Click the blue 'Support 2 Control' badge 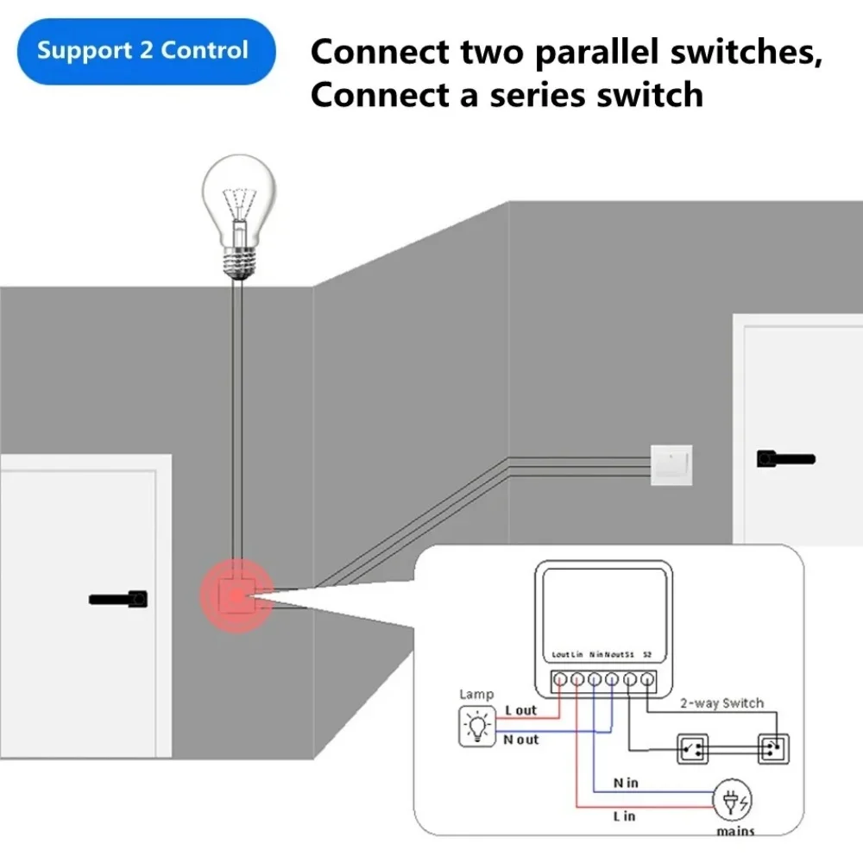point(142,50)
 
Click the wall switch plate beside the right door point(671,463)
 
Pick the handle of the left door point(118,597)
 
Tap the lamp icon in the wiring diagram point(476,726)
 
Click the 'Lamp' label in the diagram point(476,694)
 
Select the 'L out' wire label point(520,710)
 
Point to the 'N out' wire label point(520,740)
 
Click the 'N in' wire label point(626,783)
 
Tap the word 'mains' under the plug point(734,831)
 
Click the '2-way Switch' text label point(721,703)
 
